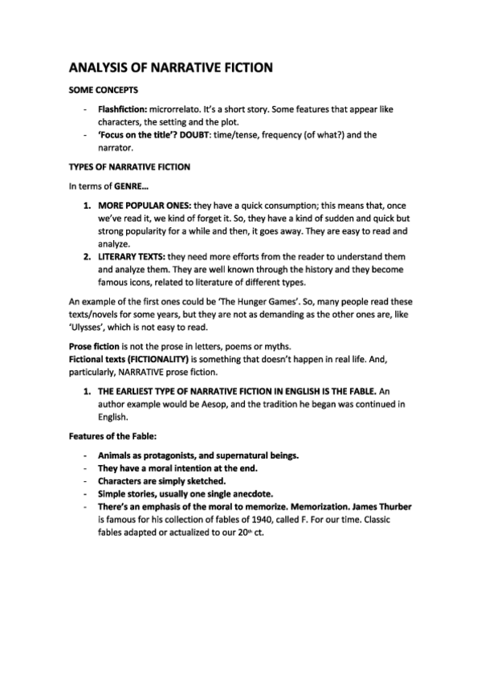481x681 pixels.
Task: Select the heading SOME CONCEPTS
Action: (x=104, y=91)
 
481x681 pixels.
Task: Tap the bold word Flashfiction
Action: (x=120, y=108)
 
